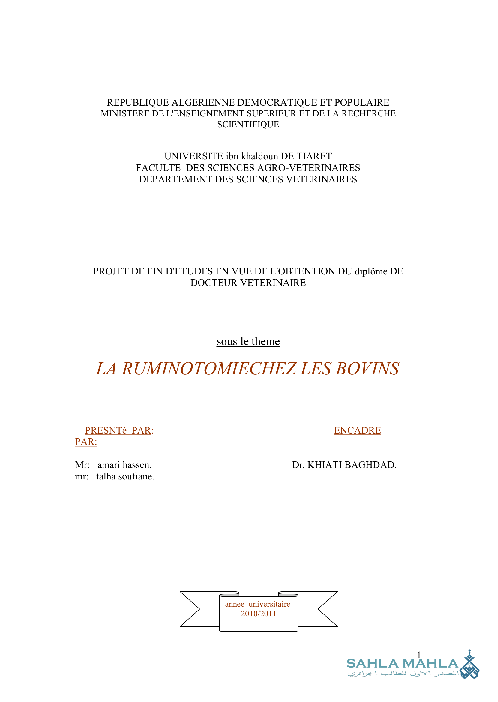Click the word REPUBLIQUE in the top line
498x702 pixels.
pyautogui.click(x=138, y=102)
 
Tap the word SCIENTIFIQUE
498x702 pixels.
pyautogui.click(x=248, y=124)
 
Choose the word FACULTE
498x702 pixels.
pyautogui.click(x=158, y=168)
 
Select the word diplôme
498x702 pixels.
pyautogui.click(x=371, y=271)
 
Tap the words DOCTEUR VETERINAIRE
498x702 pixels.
pyautogui.click(x=248, y=283)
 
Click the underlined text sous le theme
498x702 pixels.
pyautogui.click(x=248, y=341)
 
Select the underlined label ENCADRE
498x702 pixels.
pyautogui.click(x=357, y=430)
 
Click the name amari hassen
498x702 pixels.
pyautogui.click(x=124, y=465)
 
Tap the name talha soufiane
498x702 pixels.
pyautogui.click(x=125, y=476)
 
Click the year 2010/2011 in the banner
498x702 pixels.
pyautogui.click(x=259, y=614)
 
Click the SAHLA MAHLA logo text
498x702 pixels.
pyautogui.click(x=402, y=664)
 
